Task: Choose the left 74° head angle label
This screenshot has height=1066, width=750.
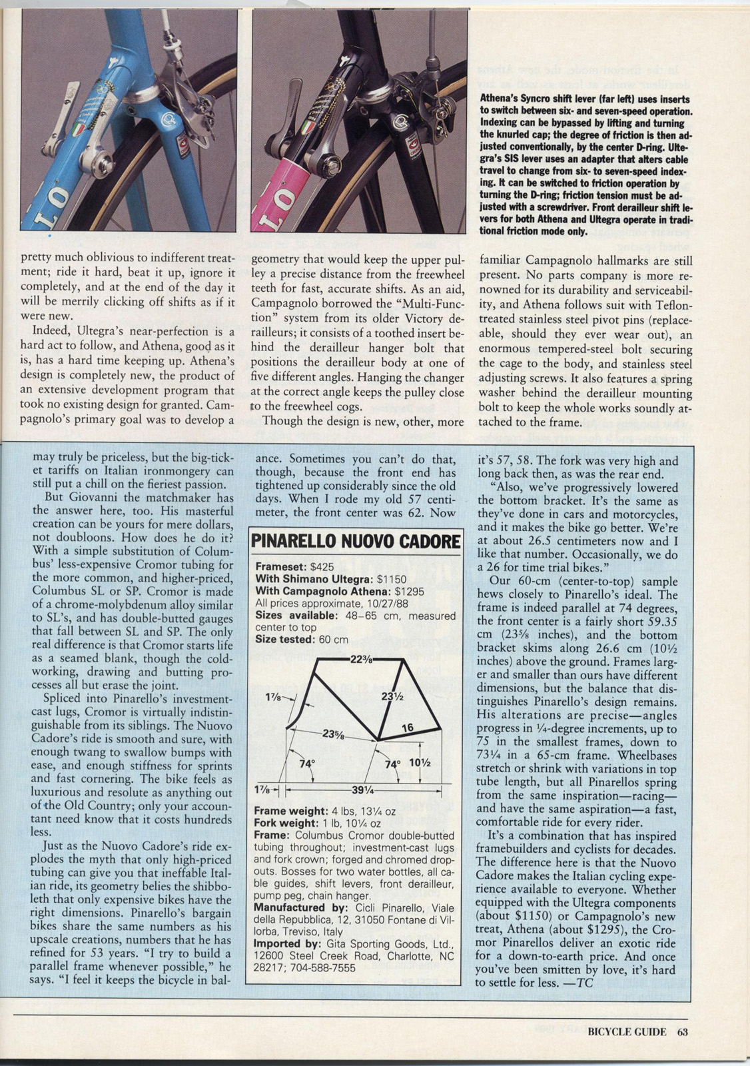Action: click(x=306, y=764)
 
